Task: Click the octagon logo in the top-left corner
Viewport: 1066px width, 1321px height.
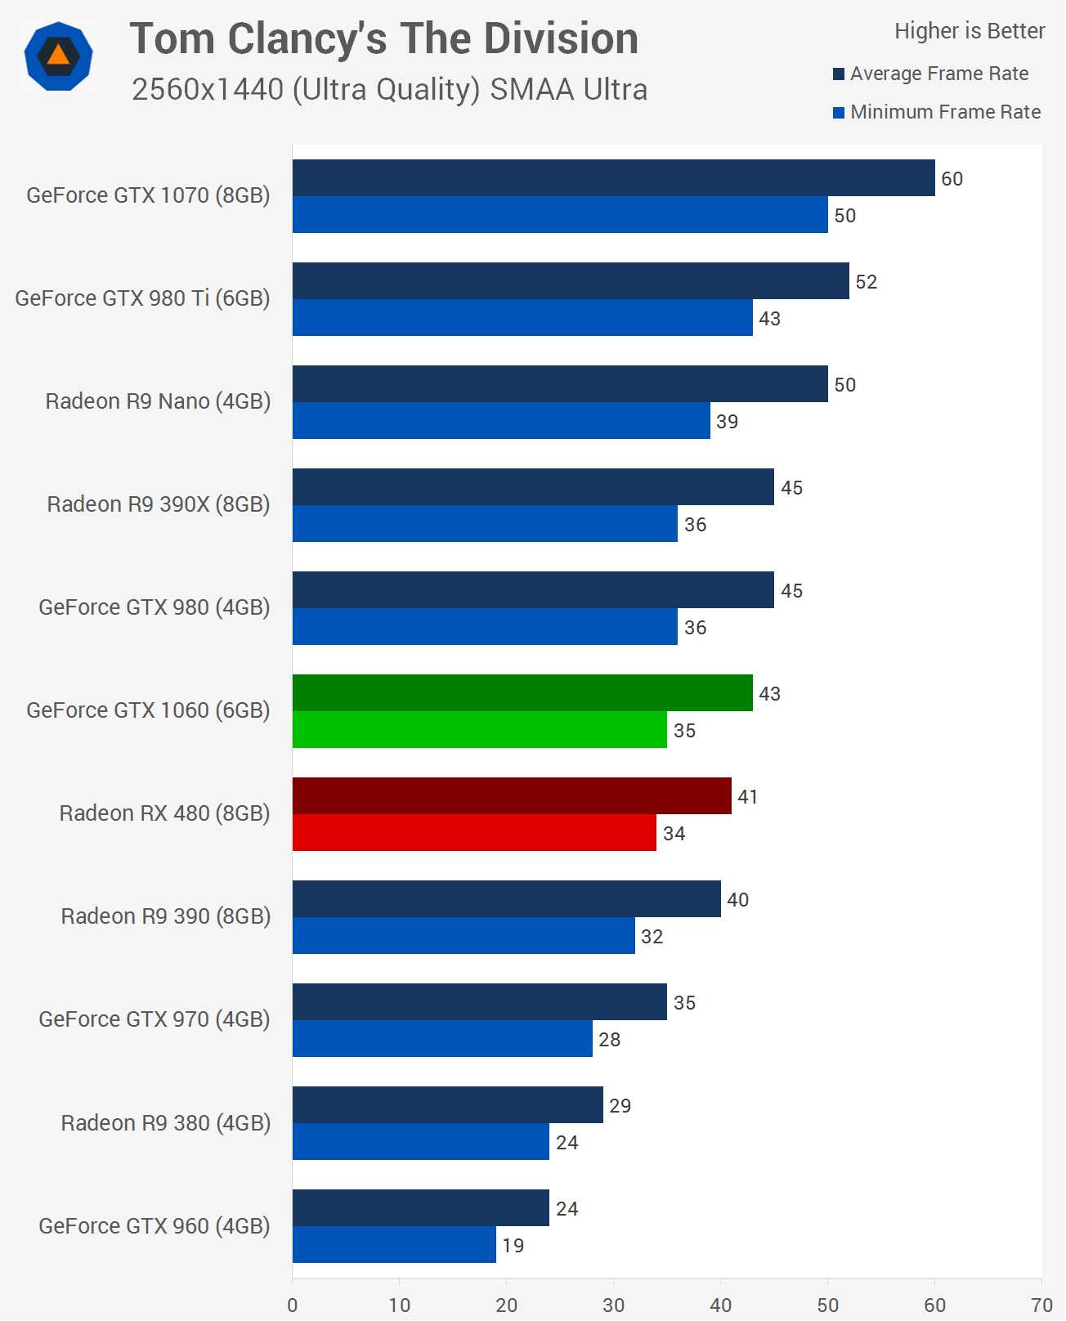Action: point(58,57)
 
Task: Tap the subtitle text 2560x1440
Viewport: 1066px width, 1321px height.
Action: point(208,89)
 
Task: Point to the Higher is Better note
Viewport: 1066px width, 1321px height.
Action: point(970,31)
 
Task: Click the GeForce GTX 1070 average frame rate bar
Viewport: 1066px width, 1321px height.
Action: point(613,178)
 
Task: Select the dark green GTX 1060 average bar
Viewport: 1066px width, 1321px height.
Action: point(522,693)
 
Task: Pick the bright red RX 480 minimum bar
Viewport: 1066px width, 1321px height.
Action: point(474,833)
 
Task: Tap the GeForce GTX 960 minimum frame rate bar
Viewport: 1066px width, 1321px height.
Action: point(394,1245)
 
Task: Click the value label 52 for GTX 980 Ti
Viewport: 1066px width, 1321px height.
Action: point(866,282)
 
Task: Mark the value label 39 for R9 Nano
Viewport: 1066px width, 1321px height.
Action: point(727,422)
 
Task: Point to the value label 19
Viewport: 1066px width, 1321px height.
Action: point(513,1246)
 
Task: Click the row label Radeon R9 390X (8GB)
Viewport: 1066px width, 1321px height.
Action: point(159,504)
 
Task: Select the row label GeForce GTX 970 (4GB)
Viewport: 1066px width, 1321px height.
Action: point(154,1019)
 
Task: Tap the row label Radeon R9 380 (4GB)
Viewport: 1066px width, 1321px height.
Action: point(165,1123)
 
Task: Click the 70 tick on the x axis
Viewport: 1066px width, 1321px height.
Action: point(1041,1305)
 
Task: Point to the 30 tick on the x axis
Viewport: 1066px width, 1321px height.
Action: point(613,1305)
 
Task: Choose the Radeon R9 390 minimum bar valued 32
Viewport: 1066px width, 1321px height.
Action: point(464,936)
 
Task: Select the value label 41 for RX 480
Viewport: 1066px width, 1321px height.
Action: point(747,797)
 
